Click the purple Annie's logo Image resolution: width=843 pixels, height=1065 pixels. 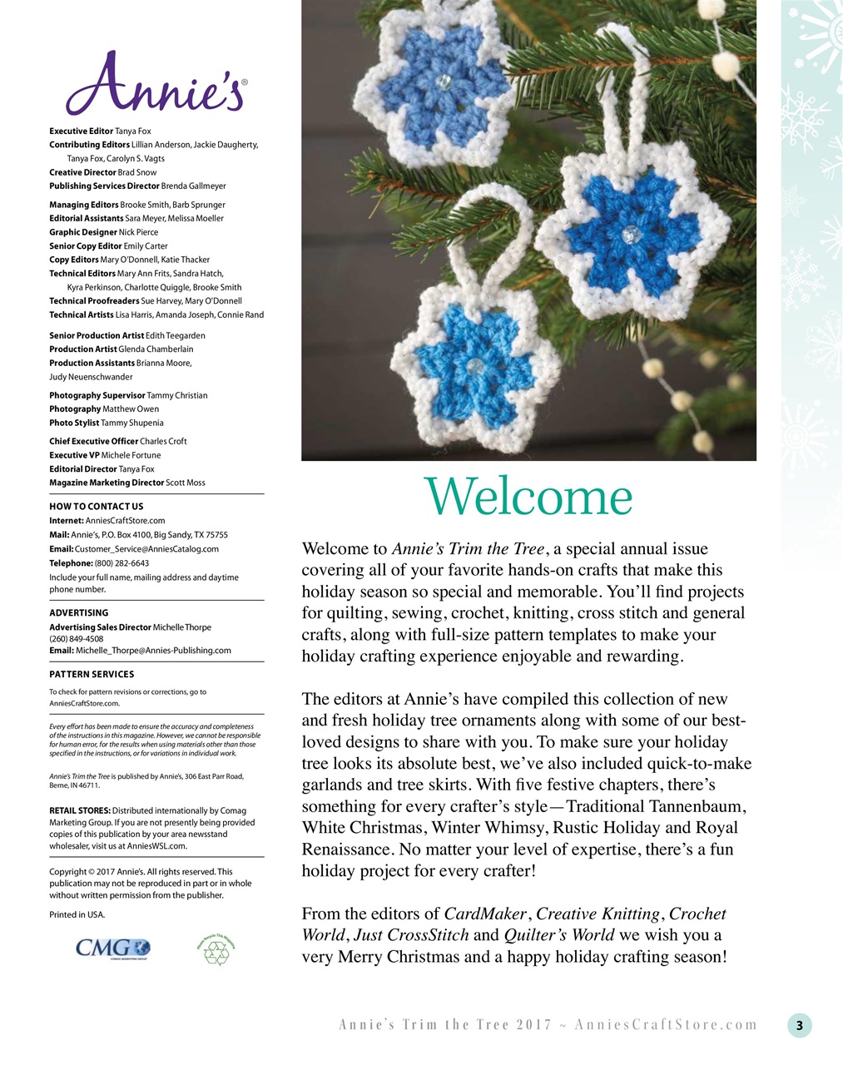156,84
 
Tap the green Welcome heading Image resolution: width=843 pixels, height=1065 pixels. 528,497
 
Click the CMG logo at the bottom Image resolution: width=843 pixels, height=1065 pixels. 112,948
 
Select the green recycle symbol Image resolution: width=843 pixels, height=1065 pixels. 216,949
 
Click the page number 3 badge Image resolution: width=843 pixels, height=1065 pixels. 799,1025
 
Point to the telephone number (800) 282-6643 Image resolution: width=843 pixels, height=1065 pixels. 121,563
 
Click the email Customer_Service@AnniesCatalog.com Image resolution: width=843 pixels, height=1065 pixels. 146,549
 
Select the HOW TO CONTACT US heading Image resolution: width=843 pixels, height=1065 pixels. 96,507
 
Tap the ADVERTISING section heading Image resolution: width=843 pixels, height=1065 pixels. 78,613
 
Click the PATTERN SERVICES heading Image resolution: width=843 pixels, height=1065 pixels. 92,675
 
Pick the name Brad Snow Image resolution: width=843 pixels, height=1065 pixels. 136,172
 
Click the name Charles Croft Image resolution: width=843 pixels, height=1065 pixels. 163,442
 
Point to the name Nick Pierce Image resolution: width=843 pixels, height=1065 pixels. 138,232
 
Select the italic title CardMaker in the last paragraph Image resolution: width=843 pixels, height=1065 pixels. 485,914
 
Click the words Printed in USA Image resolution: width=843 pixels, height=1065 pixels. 77,914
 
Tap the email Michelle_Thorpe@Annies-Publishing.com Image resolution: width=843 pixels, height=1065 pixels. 153,651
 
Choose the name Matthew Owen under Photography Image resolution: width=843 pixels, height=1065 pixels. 131,409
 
